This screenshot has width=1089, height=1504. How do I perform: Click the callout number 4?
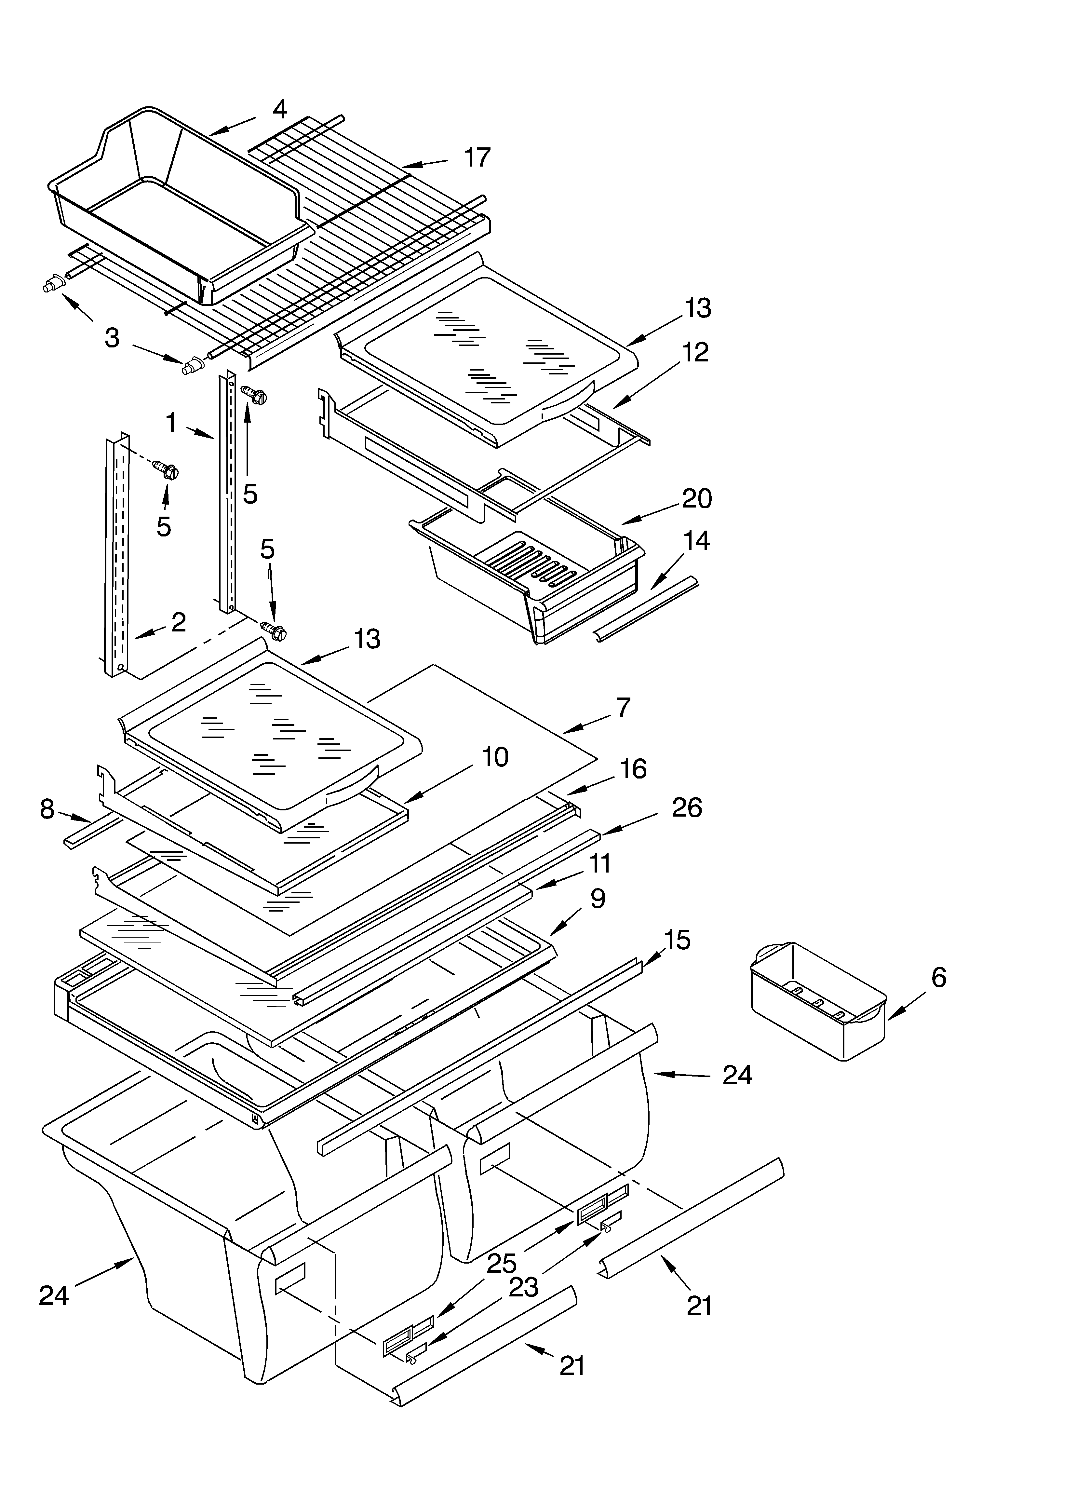tap(280, 109)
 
